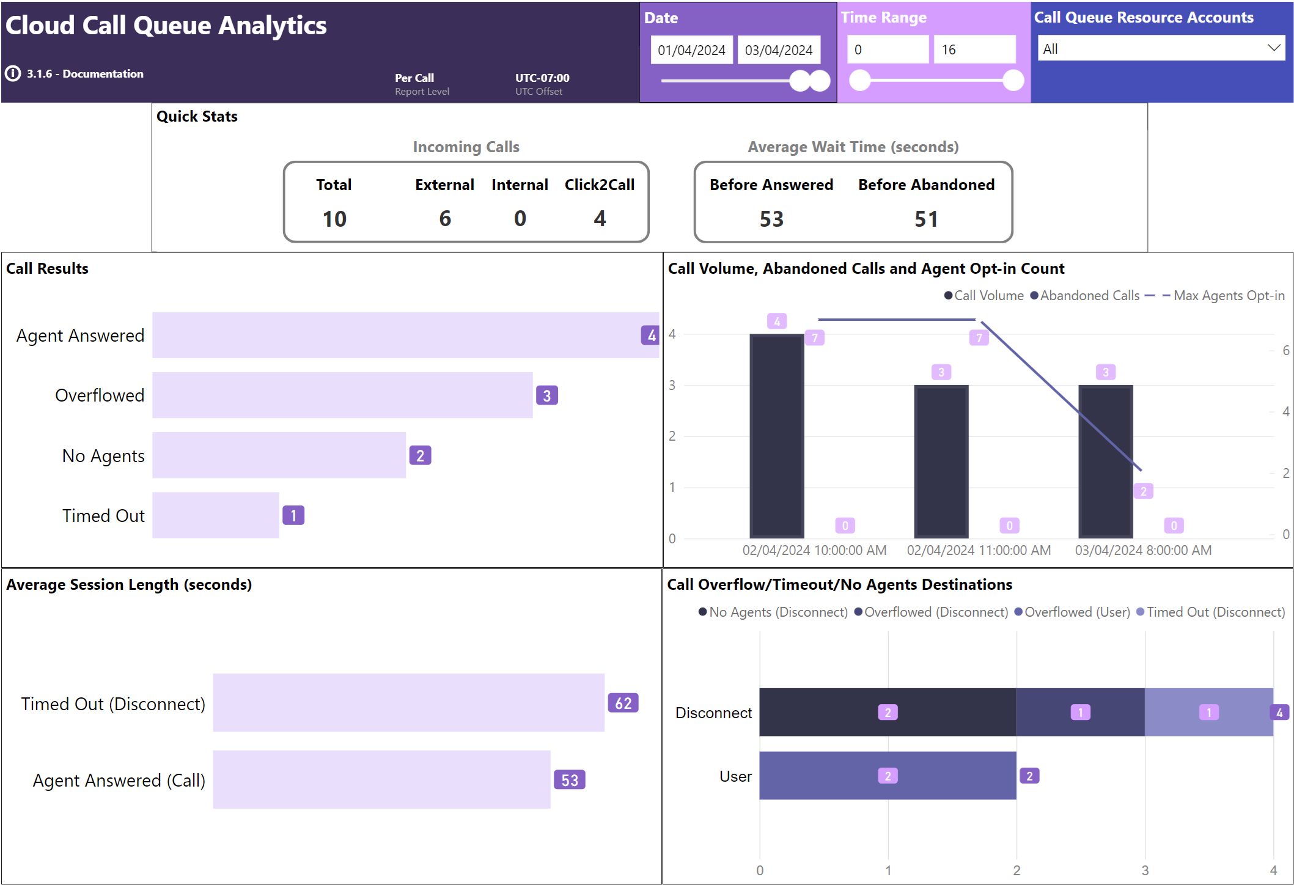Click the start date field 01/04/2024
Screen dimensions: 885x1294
[x=691, y=50]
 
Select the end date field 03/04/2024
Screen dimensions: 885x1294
[x=779, y=50]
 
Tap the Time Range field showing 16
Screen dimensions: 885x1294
[x=974, y=50]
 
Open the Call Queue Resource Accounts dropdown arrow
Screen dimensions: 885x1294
[x=1273, y=48]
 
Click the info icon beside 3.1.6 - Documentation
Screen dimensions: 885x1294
[x=13, y=74]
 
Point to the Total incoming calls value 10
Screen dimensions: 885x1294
[x=334, y=219]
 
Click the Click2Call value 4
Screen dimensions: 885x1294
[x=600, y=219]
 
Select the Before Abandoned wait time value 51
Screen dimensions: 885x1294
[x=926, y=219]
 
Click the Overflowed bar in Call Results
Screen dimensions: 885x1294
[x=342, y=395]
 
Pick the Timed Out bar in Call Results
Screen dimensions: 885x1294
[x=215, y=515]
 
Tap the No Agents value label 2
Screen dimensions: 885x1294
[x=420, y=456]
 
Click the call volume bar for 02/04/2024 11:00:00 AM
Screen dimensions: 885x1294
[x=941, y=461]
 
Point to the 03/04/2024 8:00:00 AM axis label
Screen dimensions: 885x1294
[x=1143, y=550]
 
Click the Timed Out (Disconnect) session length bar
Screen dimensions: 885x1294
[x=408, y=703]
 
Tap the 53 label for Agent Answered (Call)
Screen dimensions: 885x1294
[x=570, y=780]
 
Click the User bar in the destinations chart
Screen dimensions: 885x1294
[x=888, y=776]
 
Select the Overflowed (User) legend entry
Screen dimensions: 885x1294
[x=1073, y=612]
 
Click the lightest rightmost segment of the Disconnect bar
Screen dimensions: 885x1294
[x=1208, y=712]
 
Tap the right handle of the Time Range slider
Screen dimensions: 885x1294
[x=1013, y=80]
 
